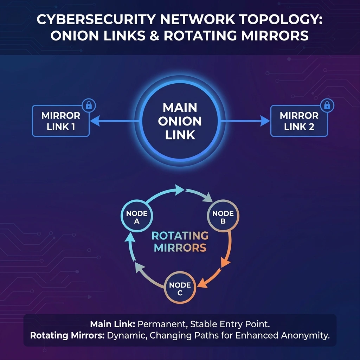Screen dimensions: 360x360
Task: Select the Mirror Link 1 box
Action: tap(61, 121)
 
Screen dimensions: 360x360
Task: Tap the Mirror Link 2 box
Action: tap(299, 121)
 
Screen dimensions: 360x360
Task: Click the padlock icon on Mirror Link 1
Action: tap(89, 105)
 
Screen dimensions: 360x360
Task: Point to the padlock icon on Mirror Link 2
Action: tap(327, 105)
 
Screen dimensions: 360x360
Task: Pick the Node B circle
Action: tap(223, 217)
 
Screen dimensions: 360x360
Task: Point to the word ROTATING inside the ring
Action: tap(180, 236)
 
